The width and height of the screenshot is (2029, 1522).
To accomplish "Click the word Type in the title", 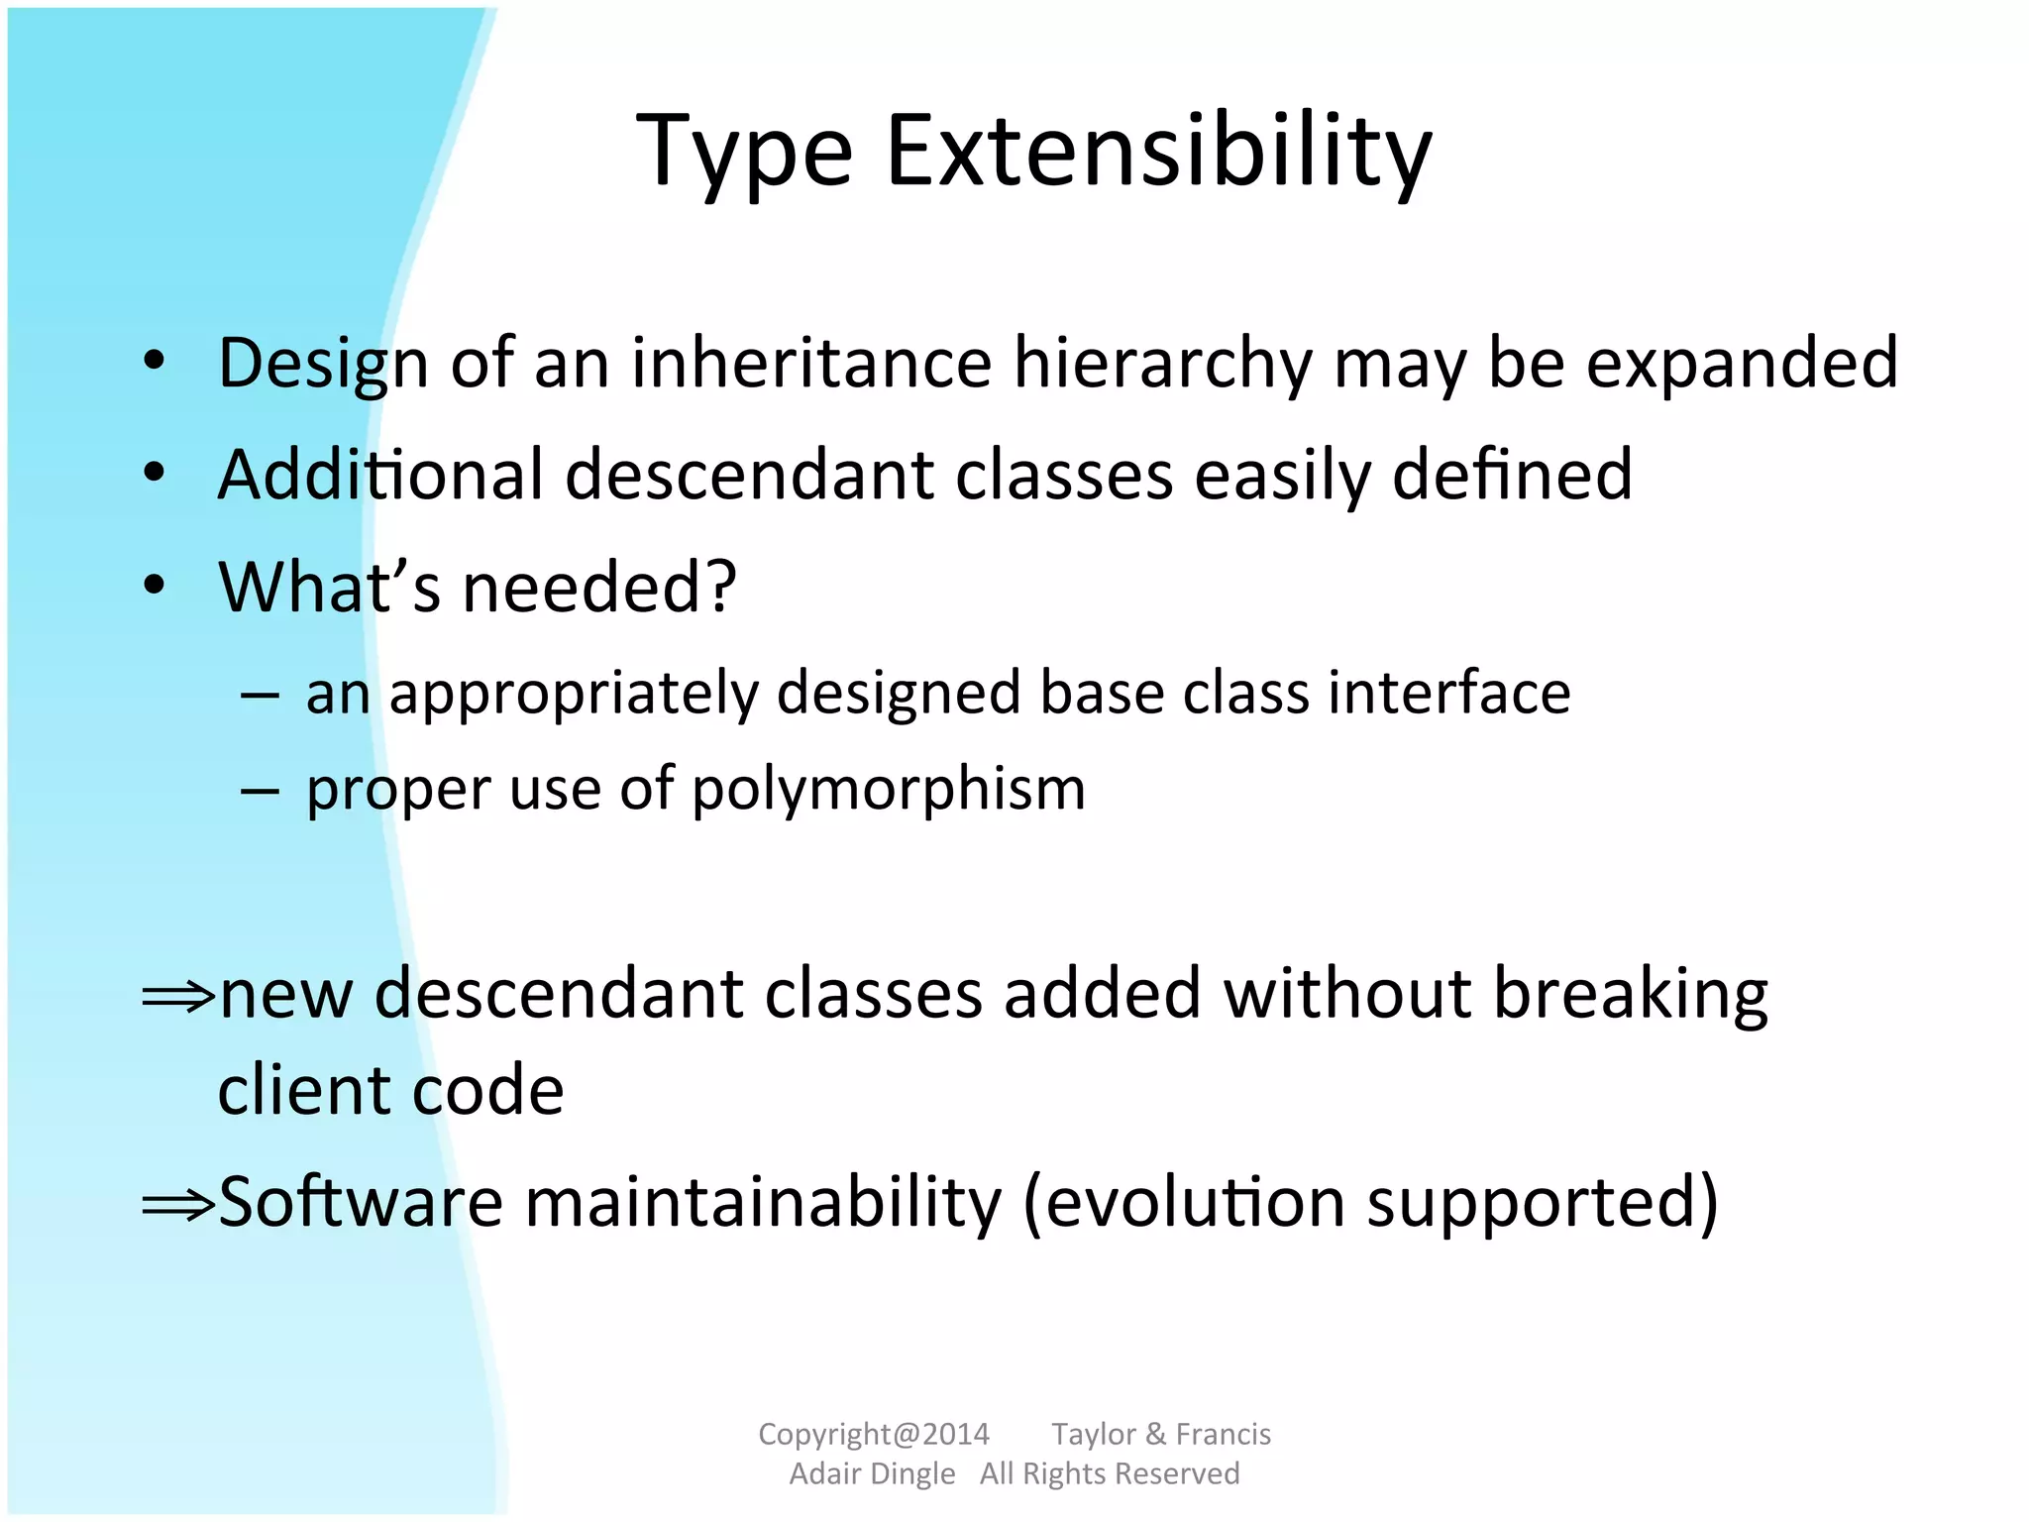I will coord(744,152).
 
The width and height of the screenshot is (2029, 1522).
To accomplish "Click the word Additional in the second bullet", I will coord(380,475).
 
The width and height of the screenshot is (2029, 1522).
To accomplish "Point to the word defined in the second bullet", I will coord(1512,475).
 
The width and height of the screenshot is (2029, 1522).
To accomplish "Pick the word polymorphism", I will coord(889,790).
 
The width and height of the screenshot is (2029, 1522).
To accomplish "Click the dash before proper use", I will coord(259,791).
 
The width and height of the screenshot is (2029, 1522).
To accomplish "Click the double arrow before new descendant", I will coord(178,996).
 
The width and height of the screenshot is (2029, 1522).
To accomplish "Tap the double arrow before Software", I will coord(178,1205).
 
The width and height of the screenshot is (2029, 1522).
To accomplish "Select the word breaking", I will coord(1630,994).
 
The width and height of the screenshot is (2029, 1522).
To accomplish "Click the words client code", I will coord(390,1090).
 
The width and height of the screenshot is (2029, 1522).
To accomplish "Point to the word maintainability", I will coord(763,1203).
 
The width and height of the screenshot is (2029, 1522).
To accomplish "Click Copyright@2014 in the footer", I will coord(873,1434).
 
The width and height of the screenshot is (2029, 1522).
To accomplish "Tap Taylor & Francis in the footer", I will coord(1160,1434).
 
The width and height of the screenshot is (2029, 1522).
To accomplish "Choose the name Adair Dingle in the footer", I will coord(872,1473).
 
